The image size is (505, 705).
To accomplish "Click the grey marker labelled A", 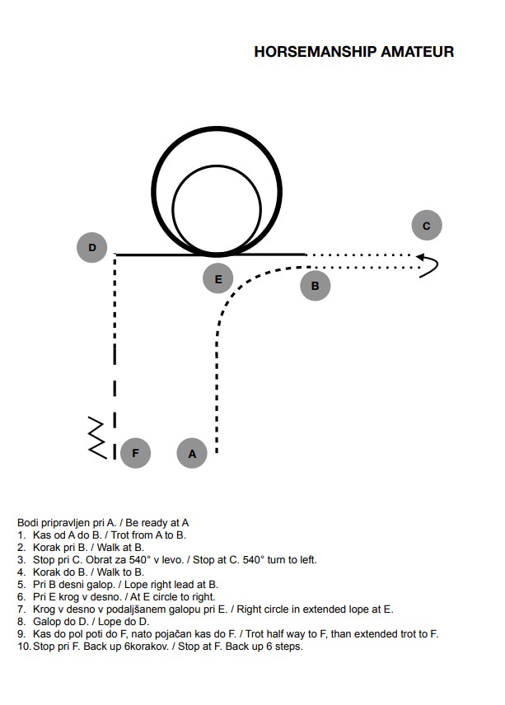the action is coord(192,453).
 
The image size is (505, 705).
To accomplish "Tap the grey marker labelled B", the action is coord(316,286).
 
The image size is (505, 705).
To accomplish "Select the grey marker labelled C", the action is coord(427,226).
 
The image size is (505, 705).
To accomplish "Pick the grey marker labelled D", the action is coord(92,247).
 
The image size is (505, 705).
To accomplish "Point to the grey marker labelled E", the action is coord(218,278).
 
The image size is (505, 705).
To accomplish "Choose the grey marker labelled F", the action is coord(135,453).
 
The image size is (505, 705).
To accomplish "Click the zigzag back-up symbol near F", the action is coord(97,437).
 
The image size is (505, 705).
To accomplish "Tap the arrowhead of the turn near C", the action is coord(420,257).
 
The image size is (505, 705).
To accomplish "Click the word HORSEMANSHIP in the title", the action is coord(316,52).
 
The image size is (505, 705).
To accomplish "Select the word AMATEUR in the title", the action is coord(418,52).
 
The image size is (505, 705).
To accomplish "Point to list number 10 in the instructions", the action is coord(23,647).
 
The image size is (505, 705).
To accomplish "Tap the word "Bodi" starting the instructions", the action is coord(26,523).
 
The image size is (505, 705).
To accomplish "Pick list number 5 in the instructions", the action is coord(21,585).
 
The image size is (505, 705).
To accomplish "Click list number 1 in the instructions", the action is coord(21,535).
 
